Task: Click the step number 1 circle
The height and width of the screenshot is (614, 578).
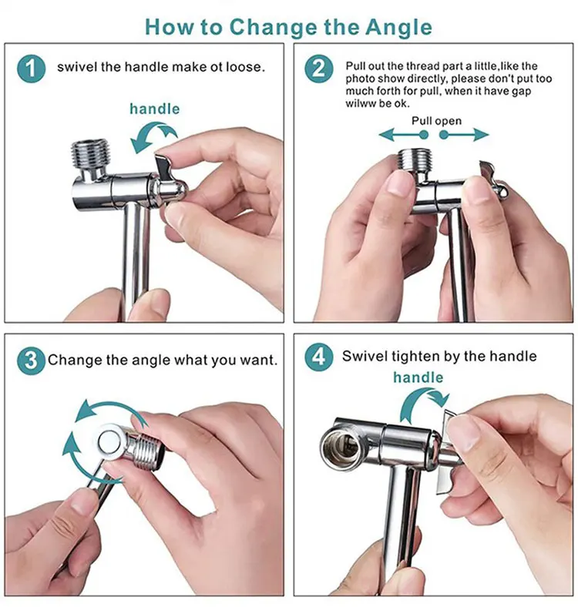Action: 32,69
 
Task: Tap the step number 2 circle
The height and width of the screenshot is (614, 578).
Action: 319,69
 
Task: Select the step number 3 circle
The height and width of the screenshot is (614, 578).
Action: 32,361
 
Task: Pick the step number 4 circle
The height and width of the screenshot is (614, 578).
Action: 319,357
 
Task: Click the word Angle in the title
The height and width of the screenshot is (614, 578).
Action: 398,28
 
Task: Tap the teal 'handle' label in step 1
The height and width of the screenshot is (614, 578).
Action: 155,109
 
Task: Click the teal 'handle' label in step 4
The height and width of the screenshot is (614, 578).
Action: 418,377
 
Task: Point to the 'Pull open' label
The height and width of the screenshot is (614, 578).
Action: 436,121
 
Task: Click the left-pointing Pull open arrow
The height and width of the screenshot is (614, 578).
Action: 403,135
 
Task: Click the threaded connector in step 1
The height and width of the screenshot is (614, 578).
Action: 89,154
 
